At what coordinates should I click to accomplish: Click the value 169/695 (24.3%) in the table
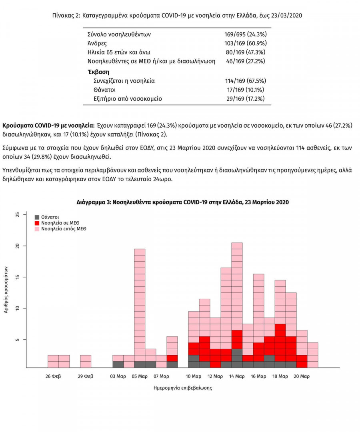coord(245,34)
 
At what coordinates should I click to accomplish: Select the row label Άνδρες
coord(97,43)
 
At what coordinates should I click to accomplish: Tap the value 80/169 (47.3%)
coord(245,52)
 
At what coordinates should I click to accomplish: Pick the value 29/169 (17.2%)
coord(245,98)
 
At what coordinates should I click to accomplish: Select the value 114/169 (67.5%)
coord(245,81)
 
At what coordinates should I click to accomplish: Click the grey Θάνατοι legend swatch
coord(37,217)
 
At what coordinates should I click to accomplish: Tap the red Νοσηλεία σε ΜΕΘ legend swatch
coord(37,223)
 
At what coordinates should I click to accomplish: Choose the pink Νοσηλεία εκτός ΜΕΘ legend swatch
coord(37,229)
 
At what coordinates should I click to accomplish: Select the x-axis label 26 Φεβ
coord(53,376)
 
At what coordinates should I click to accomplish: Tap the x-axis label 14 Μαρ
coord(237,376)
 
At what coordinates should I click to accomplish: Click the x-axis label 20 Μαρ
coord(302,376)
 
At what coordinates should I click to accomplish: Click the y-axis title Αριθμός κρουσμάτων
coord(6,290)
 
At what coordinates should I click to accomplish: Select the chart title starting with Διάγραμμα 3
coord(182,202)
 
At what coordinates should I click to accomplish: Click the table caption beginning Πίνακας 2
coord(177,16)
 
